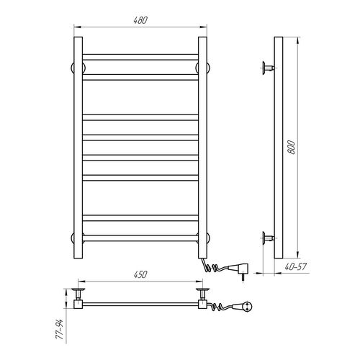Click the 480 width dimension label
pyautogui.click(x=140, y=20)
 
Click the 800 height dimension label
pyautogui.click(x=291, y=147)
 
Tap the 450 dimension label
pyautogui.click(x=140, y=274)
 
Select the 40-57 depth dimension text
pyautogui.click(x=296, y=266)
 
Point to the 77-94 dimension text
pyautogui.click(x=59, y=329)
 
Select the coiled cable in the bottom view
pyautogui.click(x=220, y=306)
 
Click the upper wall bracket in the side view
pyautogui.click(x=269, y=68)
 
